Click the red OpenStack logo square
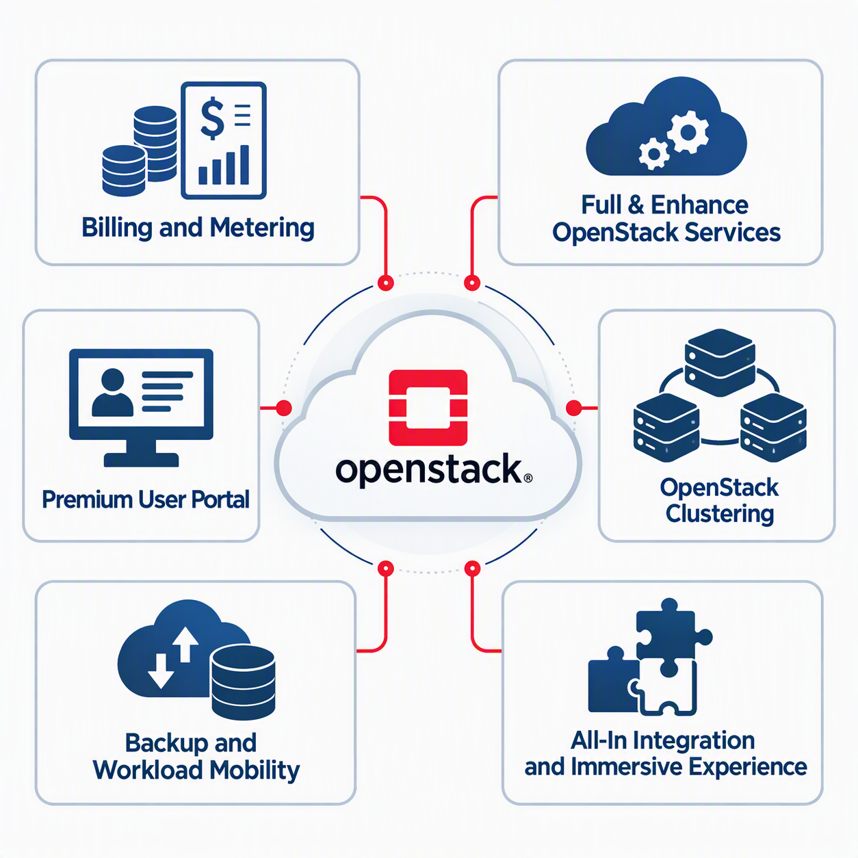click(x=428, y=407)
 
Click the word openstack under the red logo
click(x=428, y=471)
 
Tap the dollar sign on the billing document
click(x=212, y=118)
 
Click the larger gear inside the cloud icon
click(x=688, y=132)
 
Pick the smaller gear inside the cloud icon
click(x=653, y=154)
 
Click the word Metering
click(x=262, y=228)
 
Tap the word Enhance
click(x=699, y=205)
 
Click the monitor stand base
click(x=141, y=460)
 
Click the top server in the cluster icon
click(x=720, y=363)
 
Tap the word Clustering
click(x=720, y=513)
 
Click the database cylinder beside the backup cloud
click(x=243, y=683)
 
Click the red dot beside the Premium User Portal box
click(x=284, y=407)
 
